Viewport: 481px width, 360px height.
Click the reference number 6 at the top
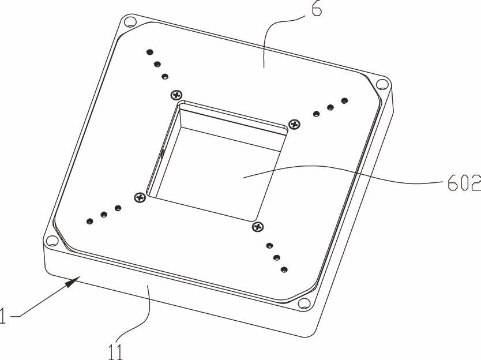[317, 9]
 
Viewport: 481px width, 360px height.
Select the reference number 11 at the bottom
[116, 352]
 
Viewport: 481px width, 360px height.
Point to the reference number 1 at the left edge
[2, 316]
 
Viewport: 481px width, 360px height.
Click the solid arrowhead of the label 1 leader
[73, 282]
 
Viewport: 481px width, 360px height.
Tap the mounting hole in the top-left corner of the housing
[130, 22]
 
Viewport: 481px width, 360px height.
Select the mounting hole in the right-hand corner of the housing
[382, 84]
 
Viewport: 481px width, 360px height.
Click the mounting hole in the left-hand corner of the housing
[52, 241]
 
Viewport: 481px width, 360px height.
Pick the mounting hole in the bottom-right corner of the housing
[304, 303]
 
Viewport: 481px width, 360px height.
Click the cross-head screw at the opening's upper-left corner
[176, 95]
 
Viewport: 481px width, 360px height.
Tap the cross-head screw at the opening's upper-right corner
[295, 124]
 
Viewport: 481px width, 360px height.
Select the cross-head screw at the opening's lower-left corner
[140, 197]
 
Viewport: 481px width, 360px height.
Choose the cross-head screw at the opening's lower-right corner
[258, 227]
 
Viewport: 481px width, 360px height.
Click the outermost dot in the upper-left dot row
[150, 52]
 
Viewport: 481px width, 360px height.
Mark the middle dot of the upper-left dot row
[157, 64]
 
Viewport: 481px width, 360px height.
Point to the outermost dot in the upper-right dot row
[344, 100]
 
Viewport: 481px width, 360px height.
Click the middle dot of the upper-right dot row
[330, 107]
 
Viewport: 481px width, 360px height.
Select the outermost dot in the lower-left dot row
[89, 221]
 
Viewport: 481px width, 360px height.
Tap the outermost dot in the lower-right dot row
[284, 270]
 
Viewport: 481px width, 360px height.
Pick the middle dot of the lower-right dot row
[277, 257]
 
